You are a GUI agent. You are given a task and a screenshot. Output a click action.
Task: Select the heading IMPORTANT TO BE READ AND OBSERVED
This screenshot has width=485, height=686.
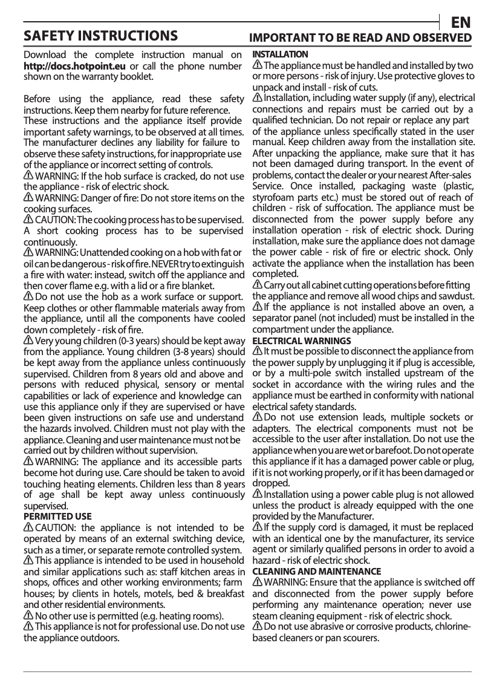(361, 38)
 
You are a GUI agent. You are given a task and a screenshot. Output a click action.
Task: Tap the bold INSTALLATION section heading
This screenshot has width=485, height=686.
(280, 54)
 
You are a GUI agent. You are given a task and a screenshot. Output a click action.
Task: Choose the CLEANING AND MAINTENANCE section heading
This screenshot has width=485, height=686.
(316, 571)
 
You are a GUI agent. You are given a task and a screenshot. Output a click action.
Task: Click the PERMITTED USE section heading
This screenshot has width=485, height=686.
(57, 516)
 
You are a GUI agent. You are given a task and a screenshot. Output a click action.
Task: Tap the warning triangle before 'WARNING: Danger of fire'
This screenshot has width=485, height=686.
(28, 198)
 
